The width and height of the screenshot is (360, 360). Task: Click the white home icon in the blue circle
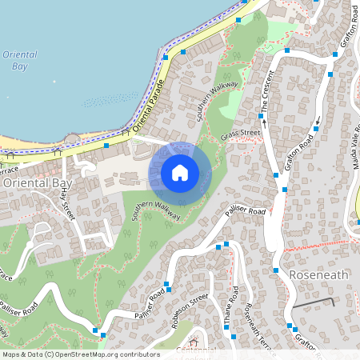click(180, 173)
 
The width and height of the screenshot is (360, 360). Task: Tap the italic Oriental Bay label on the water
click(19, 60)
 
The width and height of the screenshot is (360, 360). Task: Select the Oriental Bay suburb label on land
click(38, 182)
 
